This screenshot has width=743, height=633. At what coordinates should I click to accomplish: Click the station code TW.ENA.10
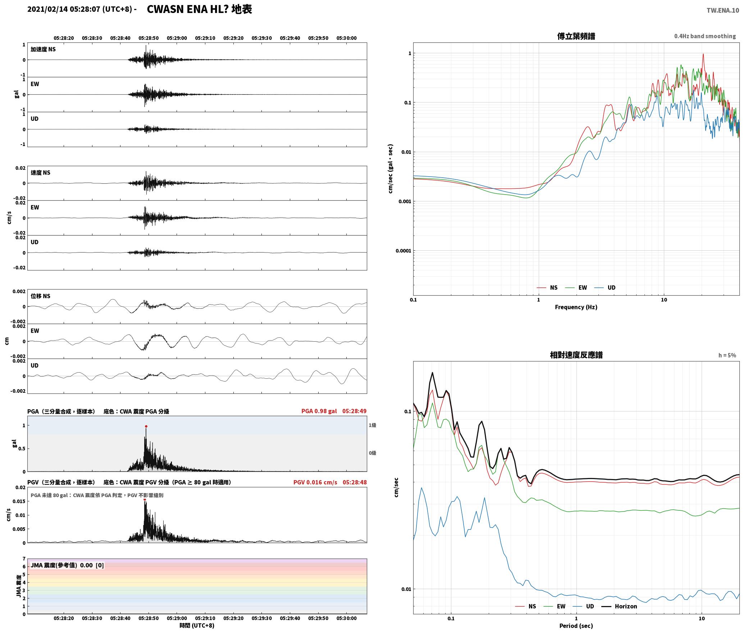[x=723, y=10]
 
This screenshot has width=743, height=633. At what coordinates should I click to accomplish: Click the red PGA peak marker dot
[x=146, y=426]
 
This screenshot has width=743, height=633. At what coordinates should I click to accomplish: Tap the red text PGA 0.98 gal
[x=319, y=411]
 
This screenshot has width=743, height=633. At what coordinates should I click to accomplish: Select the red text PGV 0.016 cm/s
[x=315, y=482]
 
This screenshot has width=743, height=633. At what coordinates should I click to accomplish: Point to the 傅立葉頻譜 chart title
[x=576, y=36]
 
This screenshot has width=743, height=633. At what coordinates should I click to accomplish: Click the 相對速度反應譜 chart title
[x=576, y=355]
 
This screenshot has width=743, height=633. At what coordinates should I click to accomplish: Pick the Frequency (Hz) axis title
[x=576, y=307]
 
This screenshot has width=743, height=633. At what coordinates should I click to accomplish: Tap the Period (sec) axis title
[x=576, y=626]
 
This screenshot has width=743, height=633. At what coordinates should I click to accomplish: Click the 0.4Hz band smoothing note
[x=705, y=36]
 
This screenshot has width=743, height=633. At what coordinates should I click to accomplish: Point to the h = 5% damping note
[x=727, y=355]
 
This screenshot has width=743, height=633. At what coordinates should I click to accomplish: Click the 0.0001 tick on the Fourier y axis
[x=403, y=251]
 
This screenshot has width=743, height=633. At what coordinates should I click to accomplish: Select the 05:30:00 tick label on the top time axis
[x=346, y=38]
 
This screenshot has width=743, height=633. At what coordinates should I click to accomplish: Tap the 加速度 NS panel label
[x=43, y=49]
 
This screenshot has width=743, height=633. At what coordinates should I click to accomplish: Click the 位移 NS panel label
[x=40, y=296]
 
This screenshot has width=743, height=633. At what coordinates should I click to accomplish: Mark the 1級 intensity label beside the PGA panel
[x=372, y=425]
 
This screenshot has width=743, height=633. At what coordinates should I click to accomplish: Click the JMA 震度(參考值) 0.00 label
[x=61, y=565]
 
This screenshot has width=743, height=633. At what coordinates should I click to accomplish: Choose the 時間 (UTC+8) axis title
[x=197, y=625]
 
